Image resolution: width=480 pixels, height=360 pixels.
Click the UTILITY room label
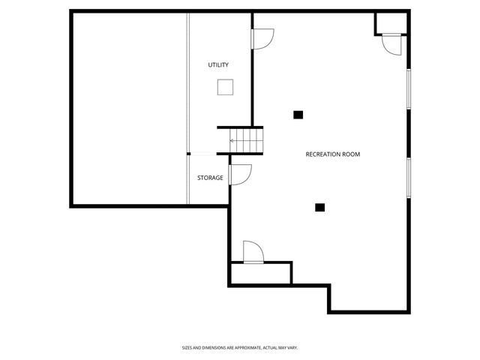tap(218, 65)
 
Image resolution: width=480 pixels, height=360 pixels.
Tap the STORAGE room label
tap(210, 178)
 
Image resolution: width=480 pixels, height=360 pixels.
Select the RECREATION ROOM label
tap(332, 154)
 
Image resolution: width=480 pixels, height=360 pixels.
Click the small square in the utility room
tap(224, 87)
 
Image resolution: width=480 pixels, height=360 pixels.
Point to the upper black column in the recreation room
tap(298, 115)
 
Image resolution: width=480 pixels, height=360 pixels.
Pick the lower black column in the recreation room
tap(319, 207)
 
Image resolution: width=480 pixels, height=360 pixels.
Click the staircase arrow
tap(234, 140)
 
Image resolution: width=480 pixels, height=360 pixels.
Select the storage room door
tap(240, 174)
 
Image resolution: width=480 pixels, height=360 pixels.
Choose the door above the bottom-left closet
tap(252, 251)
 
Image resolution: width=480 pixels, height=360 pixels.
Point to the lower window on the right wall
tap(409, 178)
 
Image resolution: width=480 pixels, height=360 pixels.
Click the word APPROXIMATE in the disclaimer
tap(240, 347)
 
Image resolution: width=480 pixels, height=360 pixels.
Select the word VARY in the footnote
tap(294, 347)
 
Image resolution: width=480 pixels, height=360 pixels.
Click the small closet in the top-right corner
tap(392, 23)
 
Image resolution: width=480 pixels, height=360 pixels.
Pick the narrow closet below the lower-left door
tap(260, 274)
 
